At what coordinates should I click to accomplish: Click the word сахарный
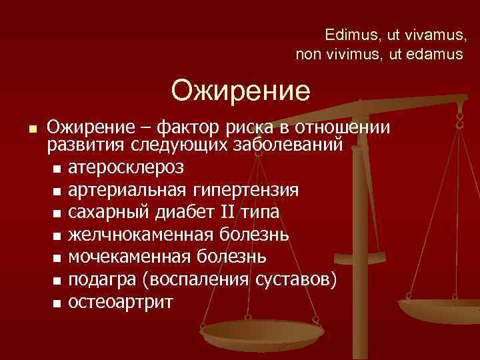tap(110, 211)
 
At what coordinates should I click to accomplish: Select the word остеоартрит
tap(121, 302)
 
